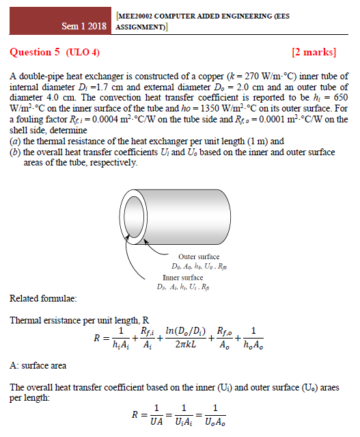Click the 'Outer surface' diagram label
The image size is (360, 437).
199,256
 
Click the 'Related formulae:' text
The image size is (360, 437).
43,299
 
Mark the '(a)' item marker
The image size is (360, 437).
15,141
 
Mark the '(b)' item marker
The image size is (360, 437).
15,152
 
